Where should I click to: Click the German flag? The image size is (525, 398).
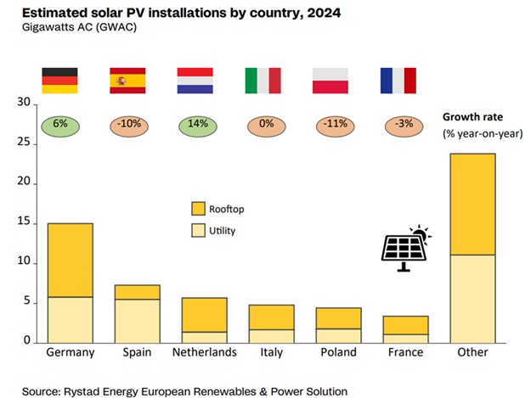[x=60, y=80]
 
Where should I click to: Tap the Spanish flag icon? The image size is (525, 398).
[x=127, y=80]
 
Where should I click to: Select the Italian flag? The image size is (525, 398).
[x=262, y=80]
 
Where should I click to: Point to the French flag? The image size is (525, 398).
[x=398, y=80]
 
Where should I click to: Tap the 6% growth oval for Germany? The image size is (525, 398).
[x=60, y=125]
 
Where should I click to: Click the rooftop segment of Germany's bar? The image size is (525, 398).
[x=71, y=260]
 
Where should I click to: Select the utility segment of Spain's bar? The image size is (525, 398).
[x=138, y=320]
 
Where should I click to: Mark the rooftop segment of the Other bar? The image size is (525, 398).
[x=476, y=204]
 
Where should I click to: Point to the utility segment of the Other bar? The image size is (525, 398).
[x=476, y=298]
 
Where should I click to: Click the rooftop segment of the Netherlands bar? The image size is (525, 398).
[x=205, y=314]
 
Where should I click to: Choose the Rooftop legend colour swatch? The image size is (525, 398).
[x=198, y=208]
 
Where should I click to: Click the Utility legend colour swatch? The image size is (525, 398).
[x=198, y=230]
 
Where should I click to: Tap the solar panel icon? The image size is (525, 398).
[x=406, y=249]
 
